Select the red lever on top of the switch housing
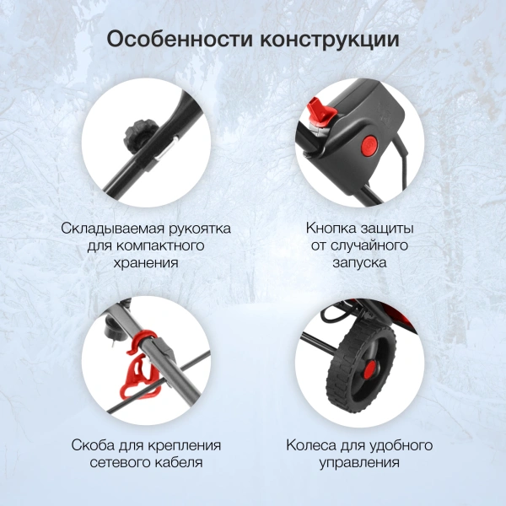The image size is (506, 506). coord(321,110)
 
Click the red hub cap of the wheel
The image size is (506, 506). coord(369,369)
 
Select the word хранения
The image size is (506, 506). coord(146,262)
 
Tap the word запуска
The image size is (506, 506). coord(359,262)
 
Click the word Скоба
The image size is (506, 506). coord(93,445)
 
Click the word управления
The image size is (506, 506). coord(359,463)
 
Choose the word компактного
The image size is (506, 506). coord(159,245)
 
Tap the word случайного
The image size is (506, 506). coord(370,246)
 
